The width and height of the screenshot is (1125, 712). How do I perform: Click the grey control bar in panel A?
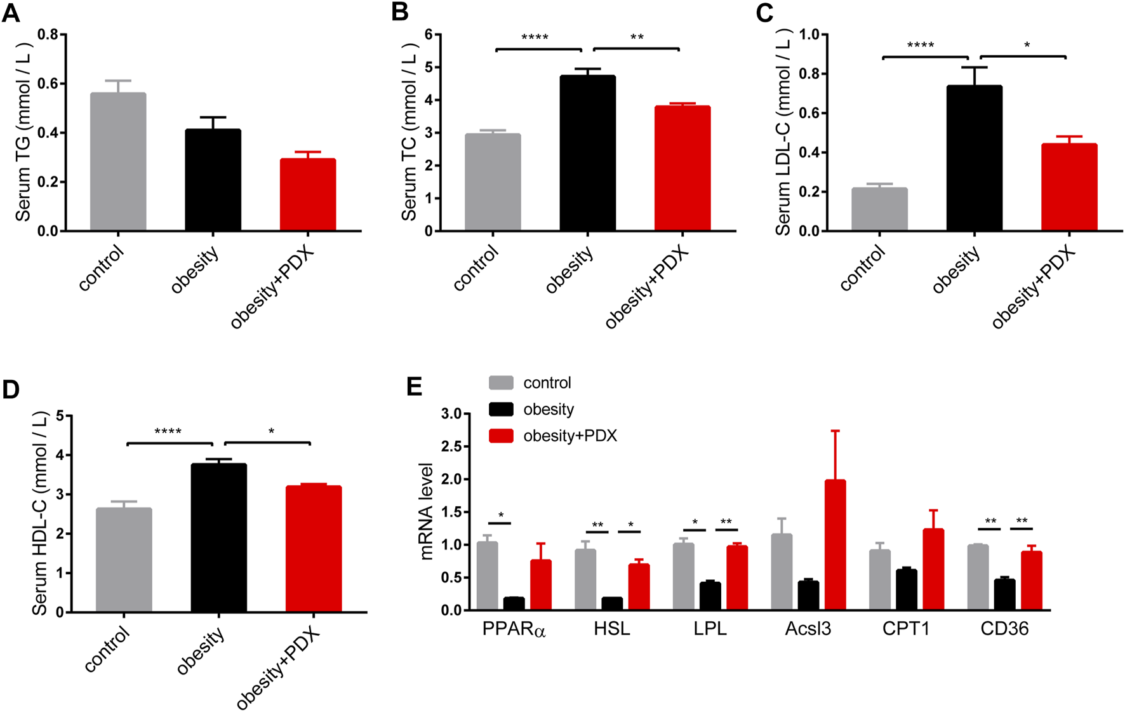click(118, 162)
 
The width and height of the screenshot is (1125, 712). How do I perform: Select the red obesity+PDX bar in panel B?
click(682, 168)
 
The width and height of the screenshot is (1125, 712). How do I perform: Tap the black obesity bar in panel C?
click(974, 159)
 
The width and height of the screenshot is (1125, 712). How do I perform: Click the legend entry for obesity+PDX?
click(569, 436)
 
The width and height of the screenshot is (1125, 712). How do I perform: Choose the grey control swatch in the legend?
click(501, 383)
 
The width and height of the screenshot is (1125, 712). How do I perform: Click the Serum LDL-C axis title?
click(783, 133)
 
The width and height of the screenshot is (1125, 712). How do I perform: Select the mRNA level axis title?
click(427, 511)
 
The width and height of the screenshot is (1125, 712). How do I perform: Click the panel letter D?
click(11, 389)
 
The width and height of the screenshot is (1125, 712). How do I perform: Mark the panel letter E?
click(414, 386)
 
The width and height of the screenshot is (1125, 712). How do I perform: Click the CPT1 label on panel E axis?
click(906, 629)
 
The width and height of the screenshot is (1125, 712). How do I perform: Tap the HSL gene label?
click(612, 629)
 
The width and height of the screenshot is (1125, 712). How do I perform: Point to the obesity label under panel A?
click(195, 270)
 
